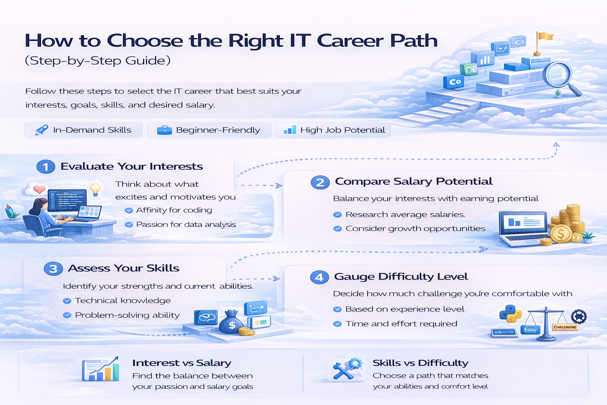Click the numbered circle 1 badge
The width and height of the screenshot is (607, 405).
(x=45, y=167)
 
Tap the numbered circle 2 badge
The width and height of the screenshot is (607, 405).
(x=320, y=182)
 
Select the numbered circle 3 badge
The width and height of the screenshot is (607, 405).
(x=53, y=269)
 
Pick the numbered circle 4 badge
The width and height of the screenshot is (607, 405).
(x=319, y=277)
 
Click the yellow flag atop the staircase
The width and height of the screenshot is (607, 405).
(x=545, y=37)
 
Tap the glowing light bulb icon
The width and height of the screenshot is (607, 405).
(x=95, y=188)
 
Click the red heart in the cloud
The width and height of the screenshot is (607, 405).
(x=39, y=189)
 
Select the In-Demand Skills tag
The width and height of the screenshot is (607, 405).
(x=83, y=130)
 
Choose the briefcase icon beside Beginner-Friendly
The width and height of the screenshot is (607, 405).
(x=164, y=130)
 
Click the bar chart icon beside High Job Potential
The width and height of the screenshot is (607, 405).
(x=290, y=130)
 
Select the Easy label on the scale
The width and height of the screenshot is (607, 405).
(x=530, y=329)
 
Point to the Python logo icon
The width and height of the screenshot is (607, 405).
(x=510, y=314)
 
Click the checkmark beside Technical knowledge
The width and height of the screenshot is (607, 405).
(x=67, y=301)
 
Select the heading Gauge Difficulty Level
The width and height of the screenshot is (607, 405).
(x=401, y=276)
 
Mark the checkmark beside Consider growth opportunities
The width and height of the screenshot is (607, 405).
(x=337, y=229)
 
